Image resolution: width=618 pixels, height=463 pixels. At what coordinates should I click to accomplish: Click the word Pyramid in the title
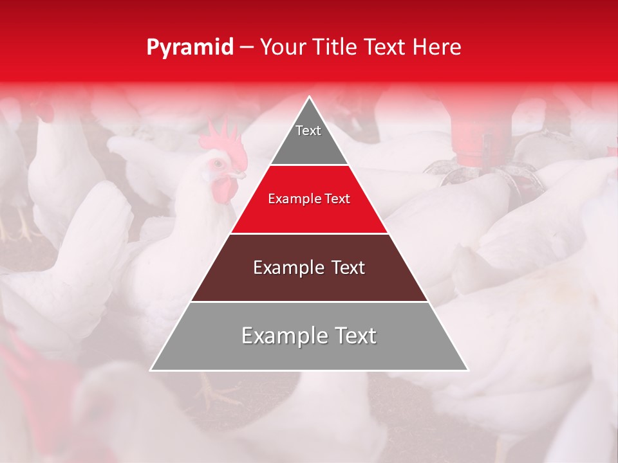tap(190, 48)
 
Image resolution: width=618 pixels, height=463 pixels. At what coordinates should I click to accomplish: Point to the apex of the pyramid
tap(309, 98)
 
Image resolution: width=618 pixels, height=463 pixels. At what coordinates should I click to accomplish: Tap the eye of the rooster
tap(217, 163)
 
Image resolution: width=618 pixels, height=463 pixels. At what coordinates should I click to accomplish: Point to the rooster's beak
tap(239, 174)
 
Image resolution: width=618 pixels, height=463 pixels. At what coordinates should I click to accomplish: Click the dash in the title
tap(246, 48)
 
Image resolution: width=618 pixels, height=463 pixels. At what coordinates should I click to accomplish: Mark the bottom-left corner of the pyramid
tap(151, 370)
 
